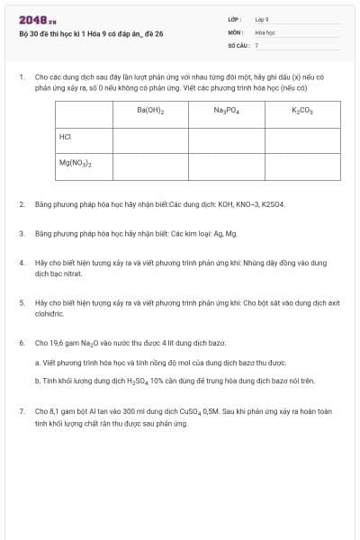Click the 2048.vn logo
(x=37, y=20)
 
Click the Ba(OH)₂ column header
(x=150, y=111)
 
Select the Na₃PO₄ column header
(x=226, y=111)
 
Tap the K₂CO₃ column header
(x=301, y=111)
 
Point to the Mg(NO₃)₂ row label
(x=76, y=164)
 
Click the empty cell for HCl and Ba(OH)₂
(x=150, y=139)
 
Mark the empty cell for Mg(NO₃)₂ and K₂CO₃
(x=301, y=166)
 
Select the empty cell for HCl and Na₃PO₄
(x=226, y=139)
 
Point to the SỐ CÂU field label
(x=237, y=44)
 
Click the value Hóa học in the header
(x=265, y=31)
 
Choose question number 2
(x=22, y=204)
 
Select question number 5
(x=22, y=303)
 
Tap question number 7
(x=22, y=411)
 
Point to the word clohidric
(x=49, y=314)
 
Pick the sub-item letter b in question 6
(x=37, y=381)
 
